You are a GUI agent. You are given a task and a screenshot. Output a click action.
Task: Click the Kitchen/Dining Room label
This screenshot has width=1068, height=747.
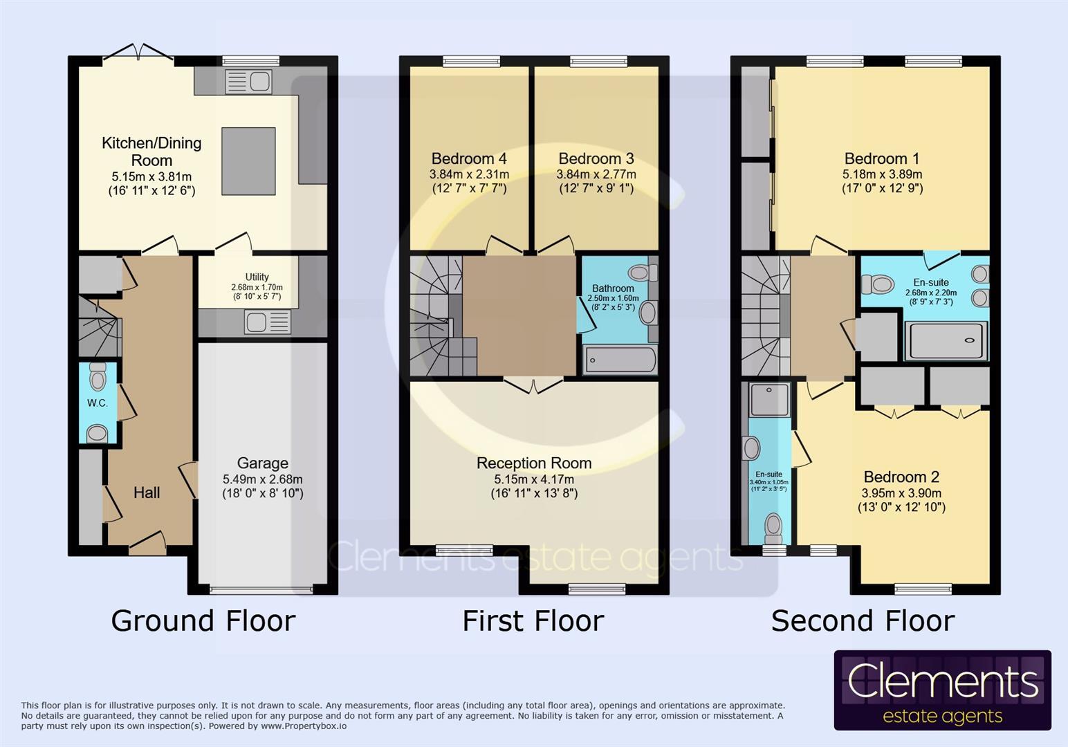(x=151, y=151)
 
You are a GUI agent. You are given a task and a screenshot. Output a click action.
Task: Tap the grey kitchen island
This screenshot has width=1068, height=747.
(x=248, y=161)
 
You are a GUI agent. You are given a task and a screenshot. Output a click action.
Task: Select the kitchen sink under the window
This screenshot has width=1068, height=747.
(x=248, y=82)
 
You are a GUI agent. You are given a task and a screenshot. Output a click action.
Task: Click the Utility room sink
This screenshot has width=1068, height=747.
(x=268, y=322)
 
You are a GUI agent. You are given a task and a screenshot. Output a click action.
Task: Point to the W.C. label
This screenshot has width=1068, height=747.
(x=97, y=403)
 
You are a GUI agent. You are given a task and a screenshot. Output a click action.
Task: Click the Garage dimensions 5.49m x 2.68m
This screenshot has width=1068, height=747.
(x=262, y=479)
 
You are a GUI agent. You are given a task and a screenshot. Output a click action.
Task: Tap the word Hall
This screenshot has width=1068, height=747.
(x=147, y=492)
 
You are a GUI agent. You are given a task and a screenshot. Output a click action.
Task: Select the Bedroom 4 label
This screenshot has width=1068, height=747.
(x=469, y=158)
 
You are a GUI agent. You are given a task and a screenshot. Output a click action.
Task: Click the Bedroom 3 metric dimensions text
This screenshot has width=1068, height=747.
(x=596, y=174)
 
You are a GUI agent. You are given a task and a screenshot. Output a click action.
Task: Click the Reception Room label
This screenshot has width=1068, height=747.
(x=533, y=463)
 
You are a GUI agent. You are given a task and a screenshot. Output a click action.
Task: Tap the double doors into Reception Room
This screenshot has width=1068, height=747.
(x=533, y=385)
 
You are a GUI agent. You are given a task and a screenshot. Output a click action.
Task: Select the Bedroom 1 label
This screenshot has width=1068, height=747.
(x=881, y=158)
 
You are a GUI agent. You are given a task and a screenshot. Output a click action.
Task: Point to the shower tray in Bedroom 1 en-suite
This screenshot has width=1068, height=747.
(x=946, y=340)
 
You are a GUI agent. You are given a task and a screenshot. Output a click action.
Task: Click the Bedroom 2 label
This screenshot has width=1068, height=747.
(x=901, y=477)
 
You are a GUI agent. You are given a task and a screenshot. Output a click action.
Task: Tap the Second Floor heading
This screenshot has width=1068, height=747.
(x=863, y=620)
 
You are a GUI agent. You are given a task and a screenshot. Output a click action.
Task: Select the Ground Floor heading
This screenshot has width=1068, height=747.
(x=203, y=620)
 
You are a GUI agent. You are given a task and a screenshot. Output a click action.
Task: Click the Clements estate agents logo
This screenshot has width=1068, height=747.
(x=942, y=690)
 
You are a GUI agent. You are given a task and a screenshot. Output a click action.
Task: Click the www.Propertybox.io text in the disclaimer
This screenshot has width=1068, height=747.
(x=304, y=726)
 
